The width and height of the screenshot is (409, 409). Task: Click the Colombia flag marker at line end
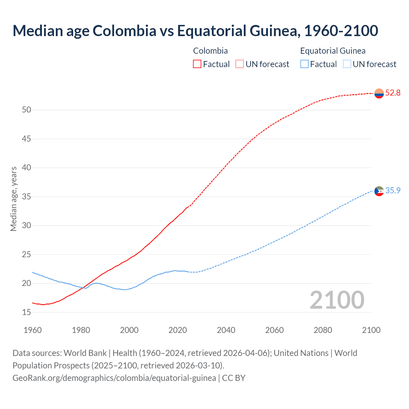379,93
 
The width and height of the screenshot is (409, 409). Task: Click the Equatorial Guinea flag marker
379,191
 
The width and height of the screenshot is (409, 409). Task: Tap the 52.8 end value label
393,93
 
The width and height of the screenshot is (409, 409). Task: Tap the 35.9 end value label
393,191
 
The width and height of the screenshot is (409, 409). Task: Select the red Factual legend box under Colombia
197,64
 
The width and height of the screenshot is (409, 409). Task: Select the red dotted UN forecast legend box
240,64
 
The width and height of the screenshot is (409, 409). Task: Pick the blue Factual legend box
305,64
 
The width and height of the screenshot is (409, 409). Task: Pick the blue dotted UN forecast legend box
347,64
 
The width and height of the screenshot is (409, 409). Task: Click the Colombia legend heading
210,51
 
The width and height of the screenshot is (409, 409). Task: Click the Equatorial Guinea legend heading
333,51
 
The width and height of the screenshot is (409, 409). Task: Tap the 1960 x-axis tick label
33,330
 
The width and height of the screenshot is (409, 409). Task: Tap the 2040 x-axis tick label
226,330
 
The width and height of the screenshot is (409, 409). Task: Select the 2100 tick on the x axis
371,330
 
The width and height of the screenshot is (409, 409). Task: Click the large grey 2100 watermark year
337,300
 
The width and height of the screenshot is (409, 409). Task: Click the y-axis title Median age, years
14,199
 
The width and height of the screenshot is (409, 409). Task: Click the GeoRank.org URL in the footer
114,378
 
